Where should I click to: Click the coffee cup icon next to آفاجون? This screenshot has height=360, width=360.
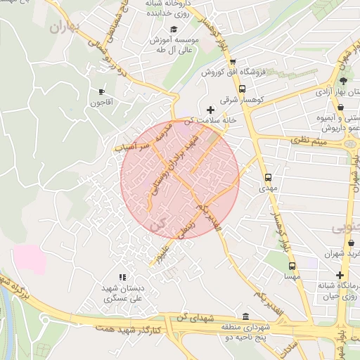[102, 91]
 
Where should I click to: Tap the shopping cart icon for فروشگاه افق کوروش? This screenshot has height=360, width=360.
[233, 61]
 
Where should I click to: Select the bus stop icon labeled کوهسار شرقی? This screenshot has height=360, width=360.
[243, 89]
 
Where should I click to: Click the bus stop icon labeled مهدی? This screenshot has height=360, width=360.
[268, 178]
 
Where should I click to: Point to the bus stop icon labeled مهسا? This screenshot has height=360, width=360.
[292, 266]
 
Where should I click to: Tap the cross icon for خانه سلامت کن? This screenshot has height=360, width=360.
[210, 109]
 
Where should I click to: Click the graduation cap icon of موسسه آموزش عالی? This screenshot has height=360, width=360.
[174, 30]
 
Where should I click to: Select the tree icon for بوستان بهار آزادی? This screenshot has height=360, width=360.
[343, 82]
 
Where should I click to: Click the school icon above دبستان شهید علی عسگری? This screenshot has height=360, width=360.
[123, 278]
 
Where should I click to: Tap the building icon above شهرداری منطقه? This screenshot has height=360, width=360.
[245, 316]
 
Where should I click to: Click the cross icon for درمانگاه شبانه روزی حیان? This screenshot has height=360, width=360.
[340, 275]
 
